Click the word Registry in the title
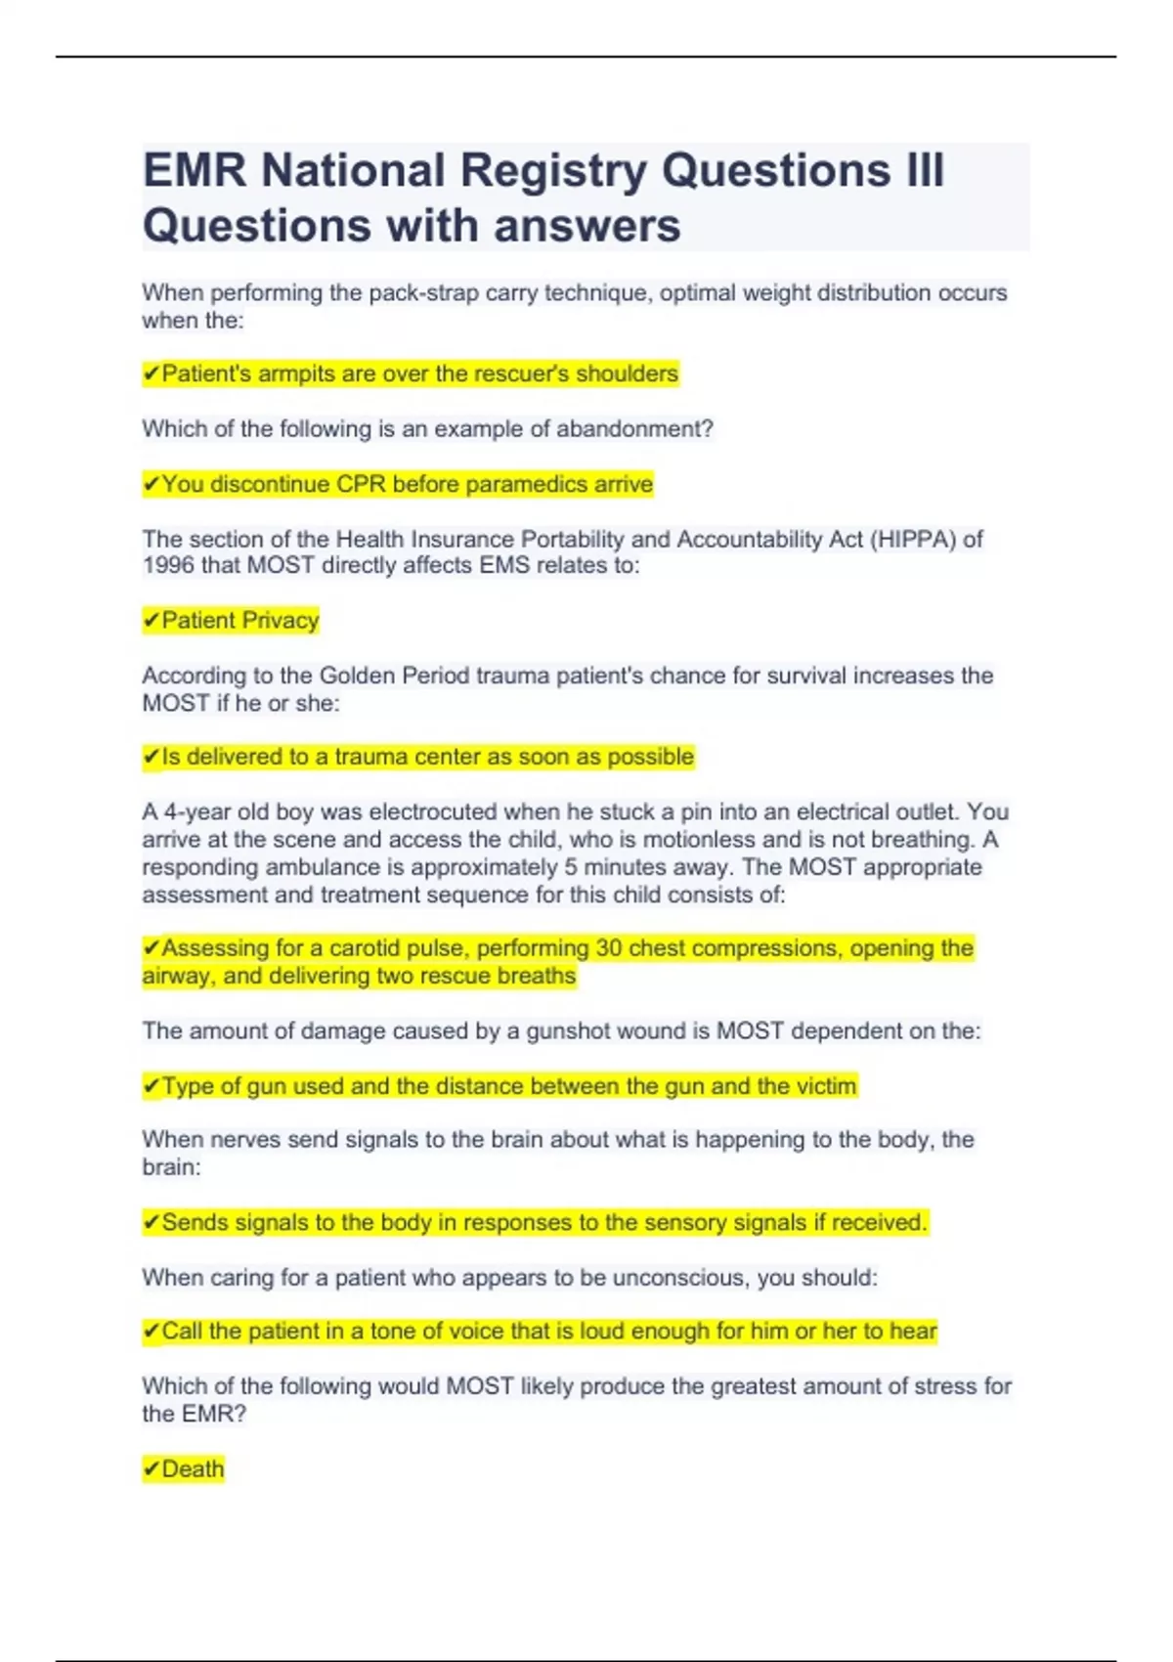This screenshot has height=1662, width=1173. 553,171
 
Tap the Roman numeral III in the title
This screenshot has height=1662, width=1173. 923,171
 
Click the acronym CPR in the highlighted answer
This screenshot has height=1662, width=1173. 362,484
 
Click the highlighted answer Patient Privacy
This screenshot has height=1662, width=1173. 239,621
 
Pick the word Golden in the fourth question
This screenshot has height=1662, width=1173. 356,676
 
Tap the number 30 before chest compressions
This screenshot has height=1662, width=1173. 609,948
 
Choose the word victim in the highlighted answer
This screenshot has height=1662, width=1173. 828,1086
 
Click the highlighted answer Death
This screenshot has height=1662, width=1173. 193,1469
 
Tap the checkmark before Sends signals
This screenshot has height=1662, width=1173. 152,1223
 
